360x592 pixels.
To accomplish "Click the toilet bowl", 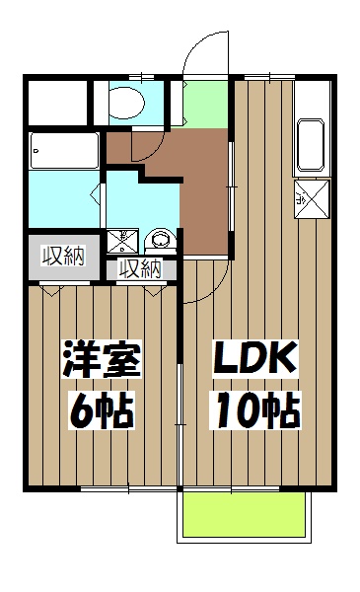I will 126,100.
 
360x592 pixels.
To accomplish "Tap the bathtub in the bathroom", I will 64,151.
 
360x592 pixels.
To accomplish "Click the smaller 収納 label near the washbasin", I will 139,267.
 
